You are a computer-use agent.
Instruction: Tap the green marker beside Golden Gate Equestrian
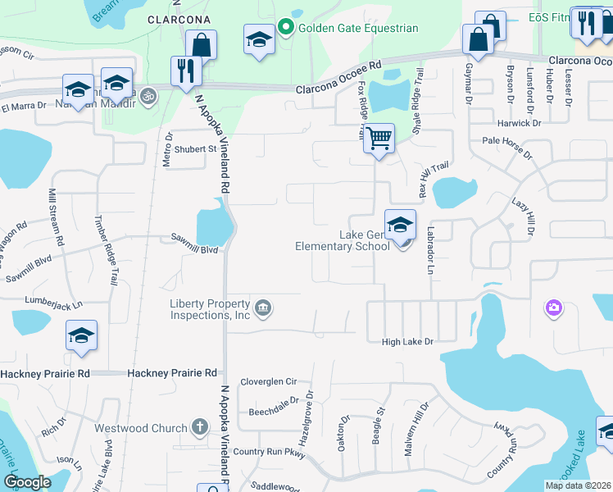(x=286, y=28)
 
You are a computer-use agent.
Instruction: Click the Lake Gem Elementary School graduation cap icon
(x=400, y=225)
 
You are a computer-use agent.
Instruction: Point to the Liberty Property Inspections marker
(x=263, y=308)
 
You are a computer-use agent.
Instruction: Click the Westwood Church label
(x=134, y=428)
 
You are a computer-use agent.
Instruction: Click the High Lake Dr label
(x=406, y=341)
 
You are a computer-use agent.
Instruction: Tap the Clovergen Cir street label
(x=268, y=382)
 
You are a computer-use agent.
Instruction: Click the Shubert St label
(x=195, y=149)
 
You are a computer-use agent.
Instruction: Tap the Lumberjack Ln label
(x=54, y=303)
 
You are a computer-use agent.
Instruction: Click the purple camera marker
(x=554, y=308)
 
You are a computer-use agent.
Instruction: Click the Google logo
(x=27, y=482)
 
